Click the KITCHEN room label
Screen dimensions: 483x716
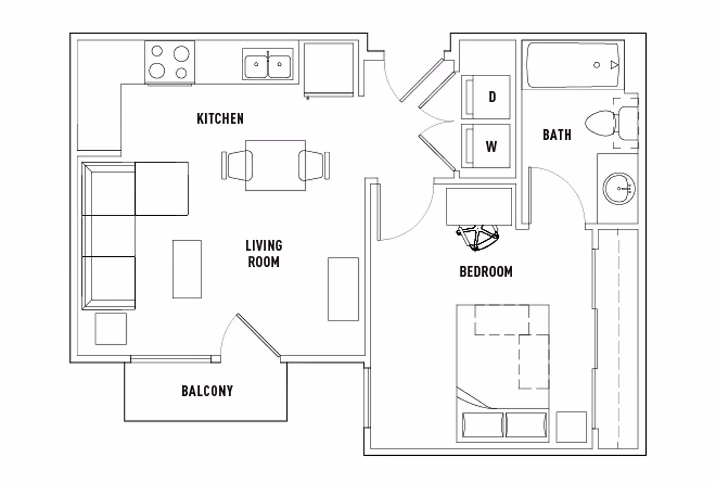220,118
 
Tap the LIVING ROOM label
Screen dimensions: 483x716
264,254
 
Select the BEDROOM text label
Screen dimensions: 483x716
486,272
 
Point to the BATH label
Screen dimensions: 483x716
556,135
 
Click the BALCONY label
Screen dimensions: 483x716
207,391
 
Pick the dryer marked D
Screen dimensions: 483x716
486,97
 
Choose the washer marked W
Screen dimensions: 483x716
486,146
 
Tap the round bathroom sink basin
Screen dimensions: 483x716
621,188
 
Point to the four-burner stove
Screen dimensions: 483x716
169,62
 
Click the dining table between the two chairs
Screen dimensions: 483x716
276,165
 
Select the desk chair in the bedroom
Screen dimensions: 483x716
478,236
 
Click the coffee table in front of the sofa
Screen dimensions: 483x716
187,269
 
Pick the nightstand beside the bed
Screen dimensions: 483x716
571,427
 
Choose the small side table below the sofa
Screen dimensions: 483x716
111,329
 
